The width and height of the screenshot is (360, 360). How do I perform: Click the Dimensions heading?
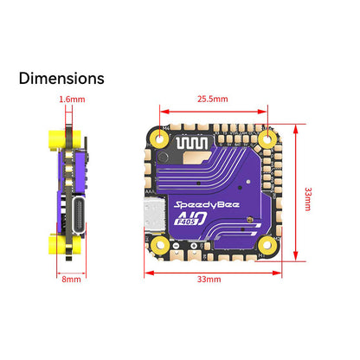tap(61, 78)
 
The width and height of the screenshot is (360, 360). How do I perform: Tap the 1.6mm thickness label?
tap(73, 99)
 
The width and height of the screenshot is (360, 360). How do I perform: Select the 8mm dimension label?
tap(71, 279)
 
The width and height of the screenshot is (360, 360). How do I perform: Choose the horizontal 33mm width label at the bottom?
tap(209, 280)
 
